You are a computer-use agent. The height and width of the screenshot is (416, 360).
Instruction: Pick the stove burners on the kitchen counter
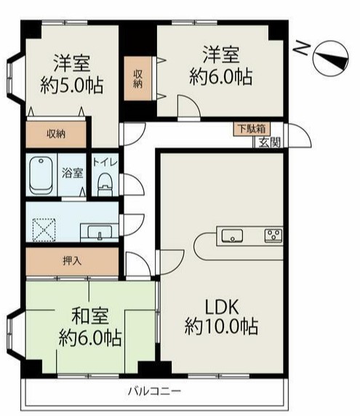tap(273, 234)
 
